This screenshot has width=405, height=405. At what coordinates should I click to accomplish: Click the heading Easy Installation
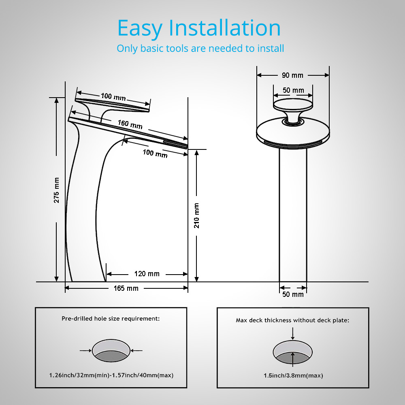(x=199, y=28)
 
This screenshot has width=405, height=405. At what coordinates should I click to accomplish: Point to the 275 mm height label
(x=57, y=190)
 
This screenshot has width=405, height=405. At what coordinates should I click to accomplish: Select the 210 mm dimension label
(x=196, y=215)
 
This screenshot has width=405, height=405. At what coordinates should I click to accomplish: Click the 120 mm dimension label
(x=147, y=274)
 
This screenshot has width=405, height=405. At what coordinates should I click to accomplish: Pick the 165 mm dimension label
(x=126, y=288)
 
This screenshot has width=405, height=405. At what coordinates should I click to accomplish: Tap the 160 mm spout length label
(x=130, y=124)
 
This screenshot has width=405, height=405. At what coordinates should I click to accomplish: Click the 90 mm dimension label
(x=292, y=75)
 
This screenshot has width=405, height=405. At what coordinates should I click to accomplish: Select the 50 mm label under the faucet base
(x=292, y=294)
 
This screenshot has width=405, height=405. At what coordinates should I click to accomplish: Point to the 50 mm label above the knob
(x=293, y=90)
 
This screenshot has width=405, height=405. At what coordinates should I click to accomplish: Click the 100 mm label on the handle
(x=113, y=97)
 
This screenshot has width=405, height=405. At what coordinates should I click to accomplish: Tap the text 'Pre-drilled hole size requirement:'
(x=111, y=319)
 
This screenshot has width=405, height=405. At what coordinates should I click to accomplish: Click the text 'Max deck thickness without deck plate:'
(x=292, y=320)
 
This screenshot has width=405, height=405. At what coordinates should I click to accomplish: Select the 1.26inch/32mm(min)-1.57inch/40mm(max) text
(x=111, y=375)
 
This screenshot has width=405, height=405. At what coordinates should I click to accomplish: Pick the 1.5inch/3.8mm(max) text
(x=293, y=375)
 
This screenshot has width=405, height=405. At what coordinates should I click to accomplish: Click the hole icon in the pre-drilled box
(x=111, y=351)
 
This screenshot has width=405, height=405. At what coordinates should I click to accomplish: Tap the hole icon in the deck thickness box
(x=293, y=350)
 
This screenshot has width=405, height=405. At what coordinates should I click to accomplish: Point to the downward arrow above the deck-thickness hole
(x=293, y=333)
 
